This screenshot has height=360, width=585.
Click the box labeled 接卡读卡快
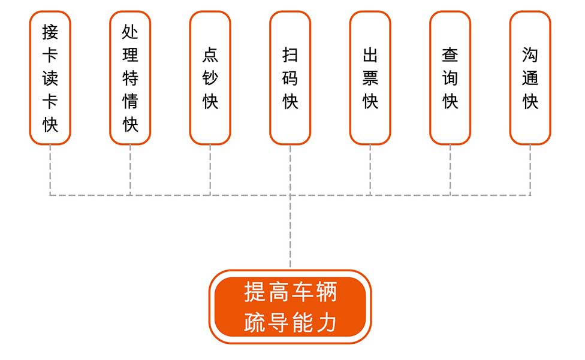click(x=50, y=78)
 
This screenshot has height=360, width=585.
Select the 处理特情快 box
click(x=130, y=78)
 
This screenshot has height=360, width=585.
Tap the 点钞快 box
click(x=210, y=78)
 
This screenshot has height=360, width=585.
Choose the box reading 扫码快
click(x=290, y=78)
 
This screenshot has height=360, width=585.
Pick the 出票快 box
click(x=370, y=78)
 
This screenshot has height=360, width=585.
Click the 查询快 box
click(x=450, y=78)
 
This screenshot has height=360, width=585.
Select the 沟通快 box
click(x=530, y=78)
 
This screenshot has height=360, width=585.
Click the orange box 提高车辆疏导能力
click(x=290, y=307)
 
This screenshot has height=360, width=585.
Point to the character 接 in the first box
click(x=50, y=31)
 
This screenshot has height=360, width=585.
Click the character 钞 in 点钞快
click(x=210, y=78)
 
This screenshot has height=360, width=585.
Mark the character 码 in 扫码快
click(x=290, y=78)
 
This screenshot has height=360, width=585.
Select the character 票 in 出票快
click(x=370, y=78)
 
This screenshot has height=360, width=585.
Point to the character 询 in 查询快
click(x=450, y=78)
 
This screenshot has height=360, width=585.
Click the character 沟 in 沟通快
click(x=530, y=55)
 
